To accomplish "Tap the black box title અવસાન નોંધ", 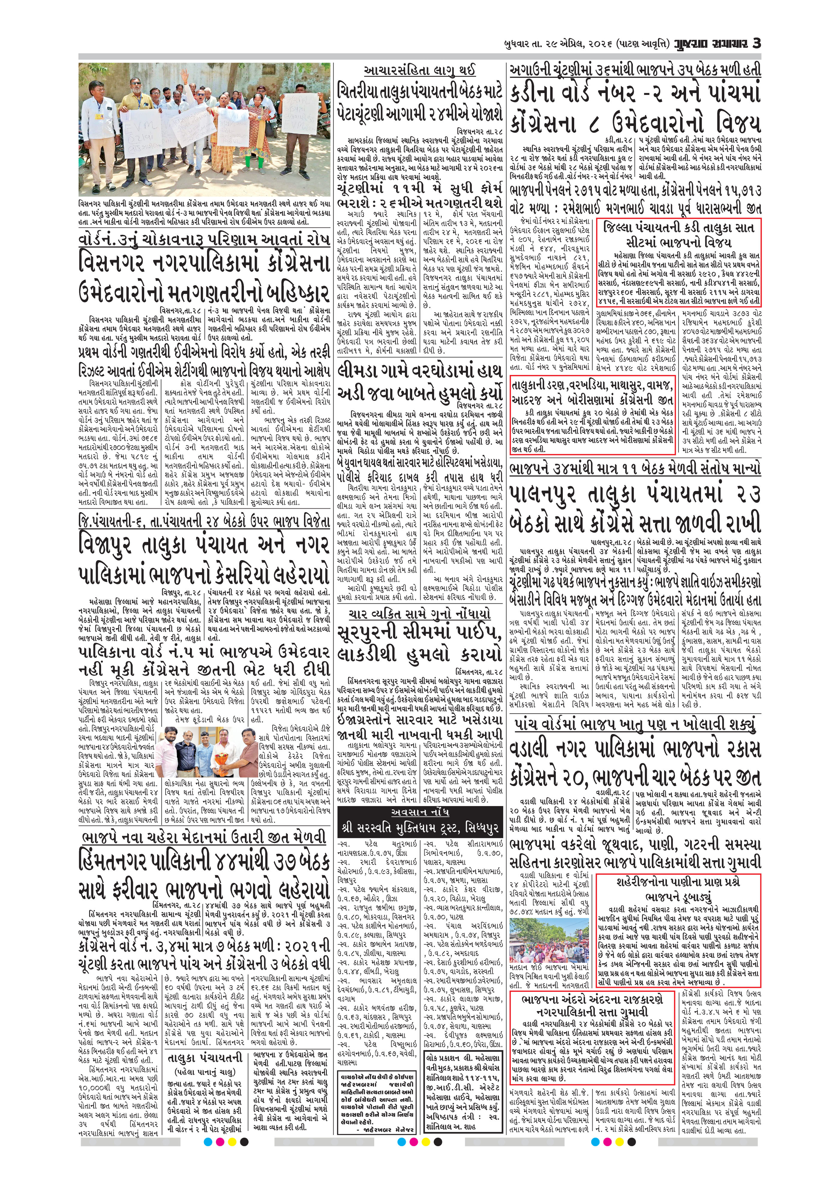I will click(420, 812).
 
